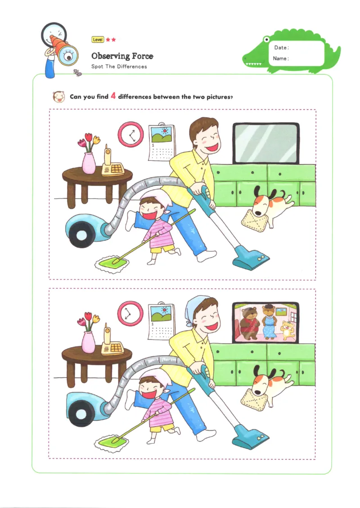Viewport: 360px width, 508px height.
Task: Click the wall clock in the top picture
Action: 131,134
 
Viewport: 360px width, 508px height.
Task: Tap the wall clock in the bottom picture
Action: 130,313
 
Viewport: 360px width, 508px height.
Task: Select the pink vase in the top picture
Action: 89,163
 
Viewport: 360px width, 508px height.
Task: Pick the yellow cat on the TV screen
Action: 287,330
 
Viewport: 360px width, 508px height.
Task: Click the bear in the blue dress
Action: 269,322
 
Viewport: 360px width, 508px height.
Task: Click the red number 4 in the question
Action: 113,96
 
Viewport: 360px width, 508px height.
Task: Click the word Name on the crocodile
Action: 280,58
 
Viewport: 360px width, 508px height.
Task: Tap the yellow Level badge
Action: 98,40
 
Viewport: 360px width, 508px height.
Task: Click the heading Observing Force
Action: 122,56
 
